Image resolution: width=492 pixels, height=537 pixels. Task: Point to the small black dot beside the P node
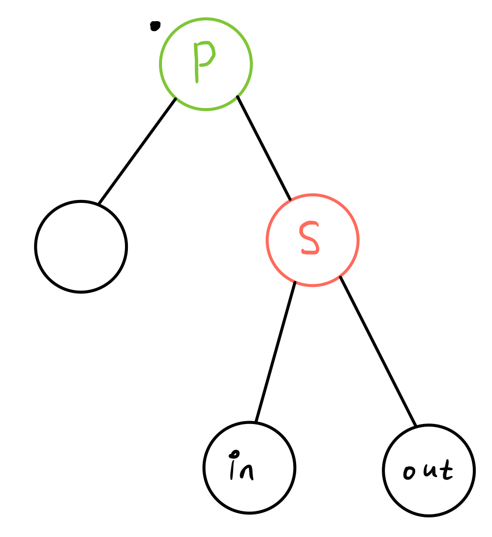(x=155, y=26)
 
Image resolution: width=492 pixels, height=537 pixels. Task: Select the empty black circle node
(x=81, y=247)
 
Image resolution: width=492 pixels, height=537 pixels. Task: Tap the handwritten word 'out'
(x=428, y=471)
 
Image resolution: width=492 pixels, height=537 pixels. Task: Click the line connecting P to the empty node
(x=137, y=151)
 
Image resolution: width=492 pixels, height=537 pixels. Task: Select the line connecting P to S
(x=264, y=148)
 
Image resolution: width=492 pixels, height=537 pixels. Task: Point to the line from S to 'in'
(x=275, y=352)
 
